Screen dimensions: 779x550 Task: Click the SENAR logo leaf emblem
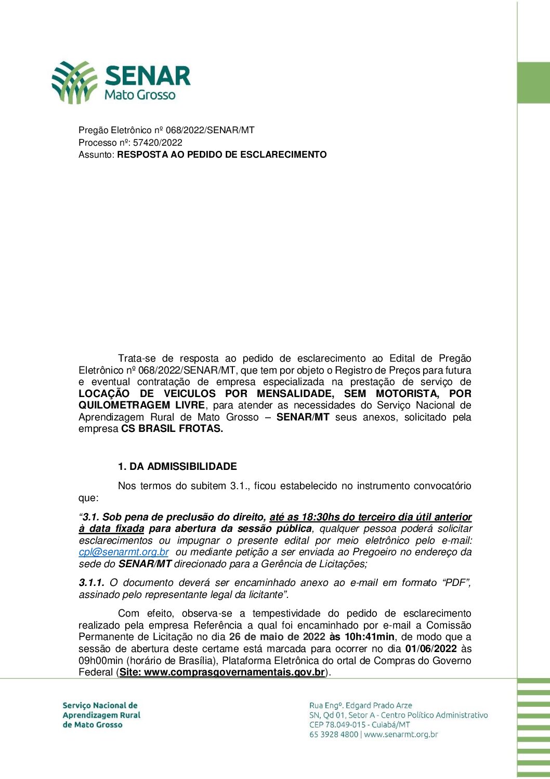[x=74, y=82]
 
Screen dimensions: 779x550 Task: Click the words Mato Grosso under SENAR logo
[x=140, y=95]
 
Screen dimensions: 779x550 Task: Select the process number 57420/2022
[x=158, y=142]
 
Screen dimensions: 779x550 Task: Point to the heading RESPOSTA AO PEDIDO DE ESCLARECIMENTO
[x=222, y=155]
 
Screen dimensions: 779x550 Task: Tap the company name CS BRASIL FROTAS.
[x=172, y=429]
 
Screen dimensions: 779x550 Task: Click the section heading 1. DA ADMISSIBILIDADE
[x=177, y=466]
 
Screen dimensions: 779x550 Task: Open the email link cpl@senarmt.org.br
[x=124, y=552]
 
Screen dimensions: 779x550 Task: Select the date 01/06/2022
[x=431, y=649]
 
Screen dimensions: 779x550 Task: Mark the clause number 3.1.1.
[x=91, y=583]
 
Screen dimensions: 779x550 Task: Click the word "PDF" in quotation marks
[x=456, y=583]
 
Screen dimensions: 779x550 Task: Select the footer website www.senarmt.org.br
[x=401, y=735]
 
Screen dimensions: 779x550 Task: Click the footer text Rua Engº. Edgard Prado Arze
[x=360, y=706]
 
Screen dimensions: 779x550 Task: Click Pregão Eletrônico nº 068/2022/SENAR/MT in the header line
[x=166, y=130]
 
